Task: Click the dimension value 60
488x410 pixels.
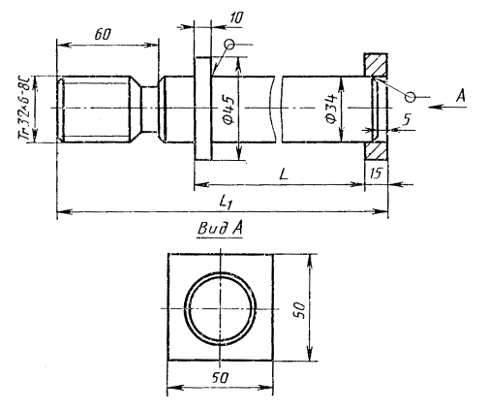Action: (103, 34)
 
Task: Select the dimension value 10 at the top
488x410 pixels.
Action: (236, 18)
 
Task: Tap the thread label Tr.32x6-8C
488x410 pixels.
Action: (26, 109)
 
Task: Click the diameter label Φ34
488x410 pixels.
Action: (331, 109)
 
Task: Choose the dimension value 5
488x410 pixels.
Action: (407, 119)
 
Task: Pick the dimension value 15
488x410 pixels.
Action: (376, 173)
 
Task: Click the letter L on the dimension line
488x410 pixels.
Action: (283, 174)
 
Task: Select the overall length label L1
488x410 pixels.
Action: (226, 203)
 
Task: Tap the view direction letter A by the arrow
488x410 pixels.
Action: (461, 96)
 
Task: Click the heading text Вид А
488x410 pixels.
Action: (220, 229)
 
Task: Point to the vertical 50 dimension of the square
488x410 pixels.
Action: (300, 310)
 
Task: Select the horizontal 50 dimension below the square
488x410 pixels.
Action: (220, 377)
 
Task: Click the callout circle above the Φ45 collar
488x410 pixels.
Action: (229, 45)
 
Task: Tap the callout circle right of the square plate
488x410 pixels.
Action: (411, 97)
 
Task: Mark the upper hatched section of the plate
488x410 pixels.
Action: (376, 65)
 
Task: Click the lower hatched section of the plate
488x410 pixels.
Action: (376, 150)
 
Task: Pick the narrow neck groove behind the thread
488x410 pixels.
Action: (149, 109)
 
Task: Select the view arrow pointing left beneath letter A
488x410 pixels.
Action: (447, 107)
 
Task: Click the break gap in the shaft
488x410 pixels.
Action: (279, 110)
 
